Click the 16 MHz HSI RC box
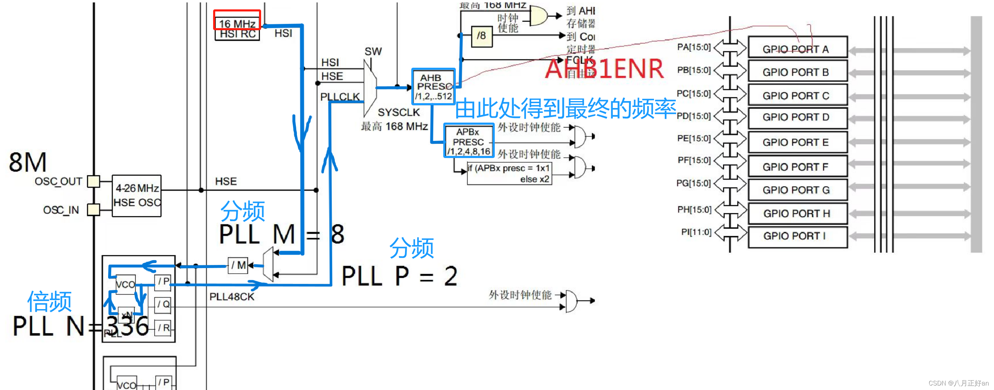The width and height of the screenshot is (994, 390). (237, 28)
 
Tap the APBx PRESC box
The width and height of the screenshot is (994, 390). (468, 141)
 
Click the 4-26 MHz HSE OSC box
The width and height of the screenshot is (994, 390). (137, 196)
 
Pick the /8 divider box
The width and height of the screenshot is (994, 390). (482, 36)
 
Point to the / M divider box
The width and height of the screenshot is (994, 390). (238, 265)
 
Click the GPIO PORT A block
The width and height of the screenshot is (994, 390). (797, 48)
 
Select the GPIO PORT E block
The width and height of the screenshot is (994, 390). (797, 142)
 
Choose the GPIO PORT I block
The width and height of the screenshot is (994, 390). (797, 236)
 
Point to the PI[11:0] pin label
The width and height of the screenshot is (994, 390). (696, 232)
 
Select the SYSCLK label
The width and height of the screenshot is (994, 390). (398, 112)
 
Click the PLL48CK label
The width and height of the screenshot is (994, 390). (232, 297)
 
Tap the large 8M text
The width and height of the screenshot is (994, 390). (28, 162)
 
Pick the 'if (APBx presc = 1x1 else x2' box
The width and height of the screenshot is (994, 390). (509, 173)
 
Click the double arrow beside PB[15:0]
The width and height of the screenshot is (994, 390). (730, 70)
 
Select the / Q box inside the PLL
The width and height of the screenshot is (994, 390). (163, 305)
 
